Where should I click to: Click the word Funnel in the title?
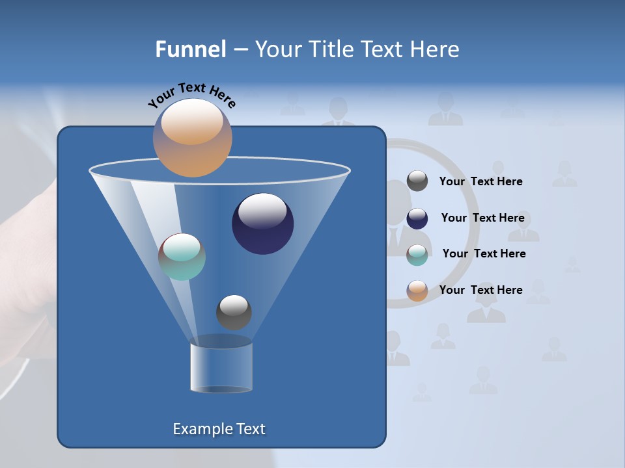coord(191,49)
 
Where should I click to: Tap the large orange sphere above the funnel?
coord(192,138)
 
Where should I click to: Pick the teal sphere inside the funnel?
coord(182,257)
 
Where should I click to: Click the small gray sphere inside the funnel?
coord(234,312)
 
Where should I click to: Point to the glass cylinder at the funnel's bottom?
coord(221,367)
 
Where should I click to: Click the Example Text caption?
coord(219,429)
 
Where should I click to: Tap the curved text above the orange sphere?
coord(191,95)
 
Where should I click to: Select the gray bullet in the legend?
coord(417,181)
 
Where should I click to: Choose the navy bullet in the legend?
coord(417,218)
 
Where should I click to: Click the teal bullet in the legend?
coord(417,255)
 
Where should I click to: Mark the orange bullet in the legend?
coord(417,291)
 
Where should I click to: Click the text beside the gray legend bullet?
coord(480,182)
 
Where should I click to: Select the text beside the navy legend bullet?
coord(482,218)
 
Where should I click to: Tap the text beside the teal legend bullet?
coord(484,254)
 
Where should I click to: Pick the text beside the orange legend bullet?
coord(480,291)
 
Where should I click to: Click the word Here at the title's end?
coord(436,49)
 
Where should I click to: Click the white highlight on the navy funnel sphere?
coord(262,211)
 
